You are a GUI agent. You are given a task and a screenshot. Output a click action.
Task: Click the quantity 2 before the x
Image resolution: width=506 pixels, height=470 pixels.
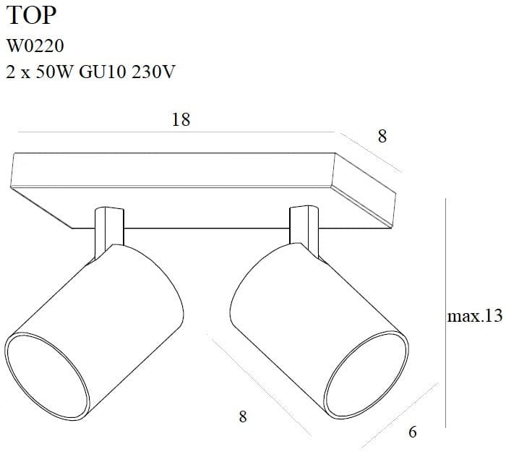coord(10,72)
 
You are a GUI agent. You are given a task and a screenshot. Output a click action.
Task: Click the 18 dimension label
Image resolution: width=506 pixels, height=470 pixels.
coord(181,120)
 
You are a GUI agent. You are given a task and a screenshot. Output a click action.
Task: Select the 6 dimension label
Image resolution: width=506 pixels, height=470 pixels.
coord(413,432)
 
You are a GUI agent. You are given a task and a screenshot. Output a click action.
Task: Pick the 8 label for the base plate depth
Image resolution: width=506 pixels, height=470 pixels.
coord(382,135)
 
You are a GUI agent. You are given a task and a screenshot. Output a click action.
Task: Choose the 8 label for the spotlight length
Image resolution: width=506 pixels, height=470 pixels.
coord(242,416)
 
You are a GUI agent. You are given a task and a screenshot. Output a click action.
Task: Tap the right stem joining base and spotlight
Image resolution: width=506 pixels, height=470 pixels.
coord(304,228)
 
